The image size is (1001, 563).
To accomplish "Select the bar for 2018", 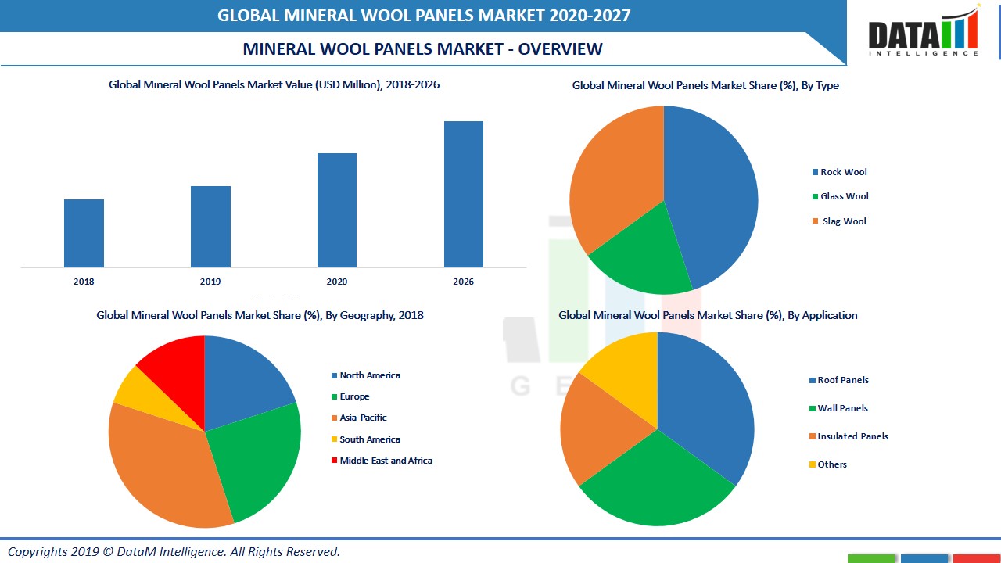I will point(84,233).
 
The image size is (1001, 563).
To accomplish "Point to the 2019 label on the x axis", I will point(210,281).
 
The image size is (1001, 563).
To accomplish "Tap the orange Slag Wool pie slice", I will point(614,184).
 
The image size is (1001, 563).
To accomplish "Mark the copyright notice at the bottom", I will point(174,551).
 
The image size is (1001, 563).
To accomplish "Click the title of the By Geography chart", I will point(260,315).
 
